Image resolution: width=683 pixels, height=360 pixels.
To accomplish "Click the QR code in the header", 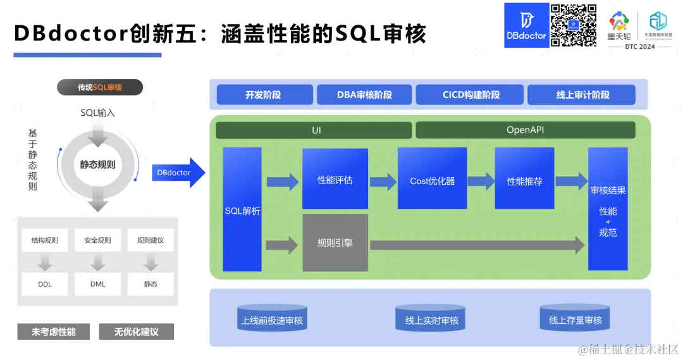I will point(574,25).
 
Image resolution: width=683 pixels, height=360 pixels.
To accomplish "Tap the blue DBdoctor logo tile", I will point(526,25).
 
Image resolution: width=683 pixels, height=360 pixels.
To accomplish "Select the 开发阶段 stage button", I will point(264,95).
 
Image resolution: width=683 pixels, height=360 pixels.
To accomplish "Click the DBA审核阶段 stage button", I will point(364,95).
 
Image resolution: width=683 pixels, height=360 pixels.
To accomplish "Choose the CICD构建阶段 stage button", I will point(471,95).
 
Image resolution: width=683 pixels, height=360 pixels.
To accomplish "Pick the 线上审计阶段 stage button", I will point(581,95).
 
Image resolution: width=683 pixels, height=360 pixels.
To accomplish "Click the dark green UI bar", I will point(314,130).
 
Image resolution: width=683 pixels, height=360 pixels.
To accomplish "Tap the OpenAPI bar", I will point(525,130).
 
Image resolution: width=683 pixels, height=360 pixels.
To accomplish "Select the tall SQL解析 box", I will point(242,209).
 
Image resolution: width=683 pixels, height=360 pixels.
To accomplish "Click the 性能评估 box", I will point(335,179).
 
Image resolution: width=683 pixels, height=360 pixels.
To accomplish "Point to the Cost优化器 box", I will point(432,179).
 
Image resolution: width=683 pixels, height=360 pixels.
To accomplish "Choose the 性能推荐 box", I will point(524,179).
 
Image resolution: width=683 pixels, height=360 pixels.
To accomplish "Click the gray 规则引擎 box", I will point(335,243).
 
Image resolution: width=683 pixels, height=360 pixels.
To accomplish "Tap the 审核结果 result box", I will point(608,209).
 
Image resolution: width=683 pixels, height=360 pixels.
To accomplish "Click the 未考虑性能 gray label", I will point(54,332).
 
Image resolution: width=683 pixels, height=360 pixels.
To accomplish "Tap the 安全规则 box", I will point(97,240).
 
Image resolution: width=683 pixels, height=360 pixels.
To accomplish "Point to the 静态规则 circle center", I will point(97,164).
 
